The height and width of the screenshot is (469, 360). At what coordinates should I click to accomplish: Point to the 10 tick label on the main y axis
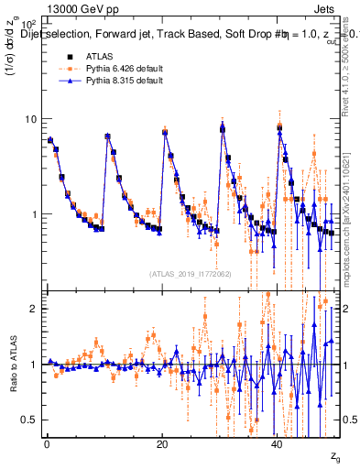click(29, 119)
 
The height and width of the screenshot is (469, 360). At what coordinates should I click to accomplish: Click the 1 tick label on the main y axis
click(33, 214)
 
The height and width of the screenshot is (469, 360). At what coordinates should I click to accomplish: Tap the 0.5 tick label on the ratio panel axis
click(29, 420)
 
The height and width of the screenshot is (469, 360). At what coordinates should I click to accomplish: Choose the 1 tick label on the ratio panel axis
click(33, 365)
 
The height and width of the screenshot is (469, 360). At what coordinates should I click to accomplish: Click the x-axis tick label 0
click(46, 443)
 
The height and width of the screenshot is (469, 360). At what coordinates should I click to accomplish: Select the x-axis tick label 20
click(162, 443)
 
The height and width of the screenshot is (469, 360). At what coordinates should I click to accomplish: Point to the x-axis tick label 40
click(278, 443)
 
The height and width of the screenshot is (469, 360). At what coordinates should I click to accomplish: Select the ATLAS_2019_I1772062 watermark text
click(190, 273)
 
